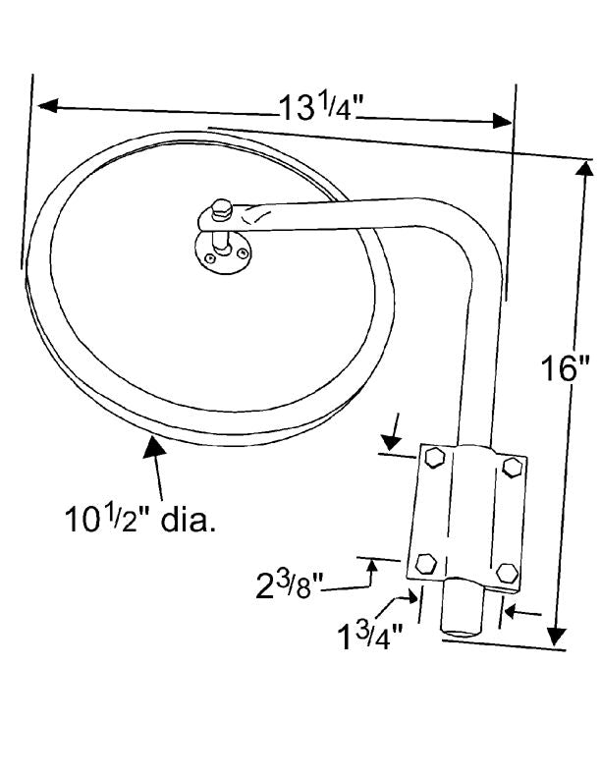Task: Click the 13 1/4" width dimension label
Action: [x=317, y=108]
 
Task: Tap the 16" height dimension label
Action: [x=565, y=368]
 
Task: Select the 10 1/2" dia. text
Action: [x=140, y=519]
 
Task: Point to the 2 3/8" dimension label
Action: [x=290, y=584]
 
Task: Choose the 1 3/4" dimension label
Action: [x=369, y=637]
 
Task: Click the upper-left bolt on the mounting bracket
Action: [x=435, y=457]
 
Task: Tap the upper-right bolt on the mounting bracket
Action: [x=512, y=468]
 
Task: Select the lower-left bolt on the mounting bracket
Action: [x=425, y=564]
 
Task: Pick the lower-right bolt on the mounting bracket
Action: [x=508, y=573]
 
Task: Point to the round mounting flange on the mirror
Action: [x=223, y=253]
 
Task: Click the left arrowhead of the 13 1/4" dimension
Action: [x=48, y=105]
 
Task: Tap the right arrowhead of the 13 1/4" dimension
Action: [x=502, y=121]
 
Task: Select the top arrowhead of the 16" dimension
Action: [x=585, y=169]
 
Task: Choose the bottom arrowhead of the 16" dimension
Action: [x=558, y=637]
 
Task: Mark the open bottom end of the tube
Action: [x=462, y=633]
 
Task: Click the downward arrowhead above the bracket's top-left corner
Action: [x=391, y=441]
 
